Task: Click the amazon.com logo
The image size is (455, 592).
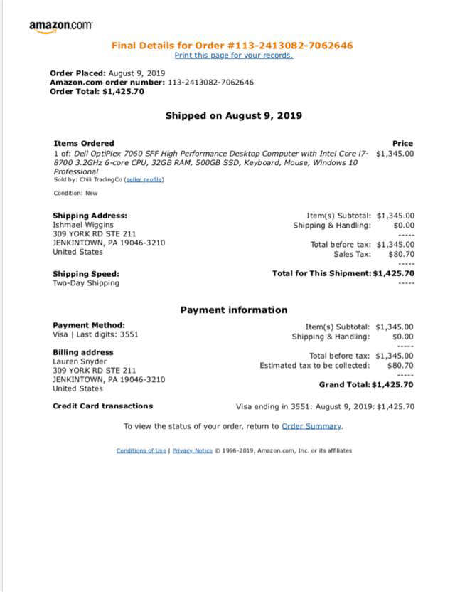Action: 60,26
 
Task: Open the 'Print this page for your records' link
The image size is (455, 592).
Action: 233,55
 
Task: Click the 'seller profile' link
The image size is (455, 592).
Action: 144,180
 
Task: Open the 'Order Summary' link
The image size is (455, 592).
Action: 311,426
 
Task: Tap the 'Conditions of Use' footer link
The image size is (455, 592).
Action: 141,450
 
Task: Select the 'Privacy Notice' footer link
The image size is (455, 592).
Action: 192,450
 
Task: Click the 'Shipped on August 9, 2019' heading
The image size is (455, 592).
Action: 233,115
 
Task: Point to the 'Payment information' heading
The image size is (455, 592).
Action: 233,310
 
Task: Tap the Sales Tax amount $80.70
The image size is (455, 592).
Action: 401,253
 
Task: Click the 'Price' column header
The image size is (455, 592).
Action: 402,143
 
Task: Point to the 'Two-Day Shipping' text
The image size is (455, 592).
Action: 86,283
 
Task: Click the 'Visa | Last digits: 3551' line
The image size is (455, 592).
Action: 95,334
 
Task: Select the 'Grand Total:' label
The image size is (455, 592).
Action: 344,385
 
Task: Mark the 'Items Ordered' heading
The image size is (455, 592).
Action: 84,143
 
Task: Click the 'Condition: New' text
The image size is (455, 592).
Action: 75,193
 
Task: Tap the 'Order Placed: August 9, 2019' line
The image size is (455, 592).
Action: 107,73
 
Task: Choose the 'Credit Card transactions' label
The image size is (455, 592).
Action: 102,406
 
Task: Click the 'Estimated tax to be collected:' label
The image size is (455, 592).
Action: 315,366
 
